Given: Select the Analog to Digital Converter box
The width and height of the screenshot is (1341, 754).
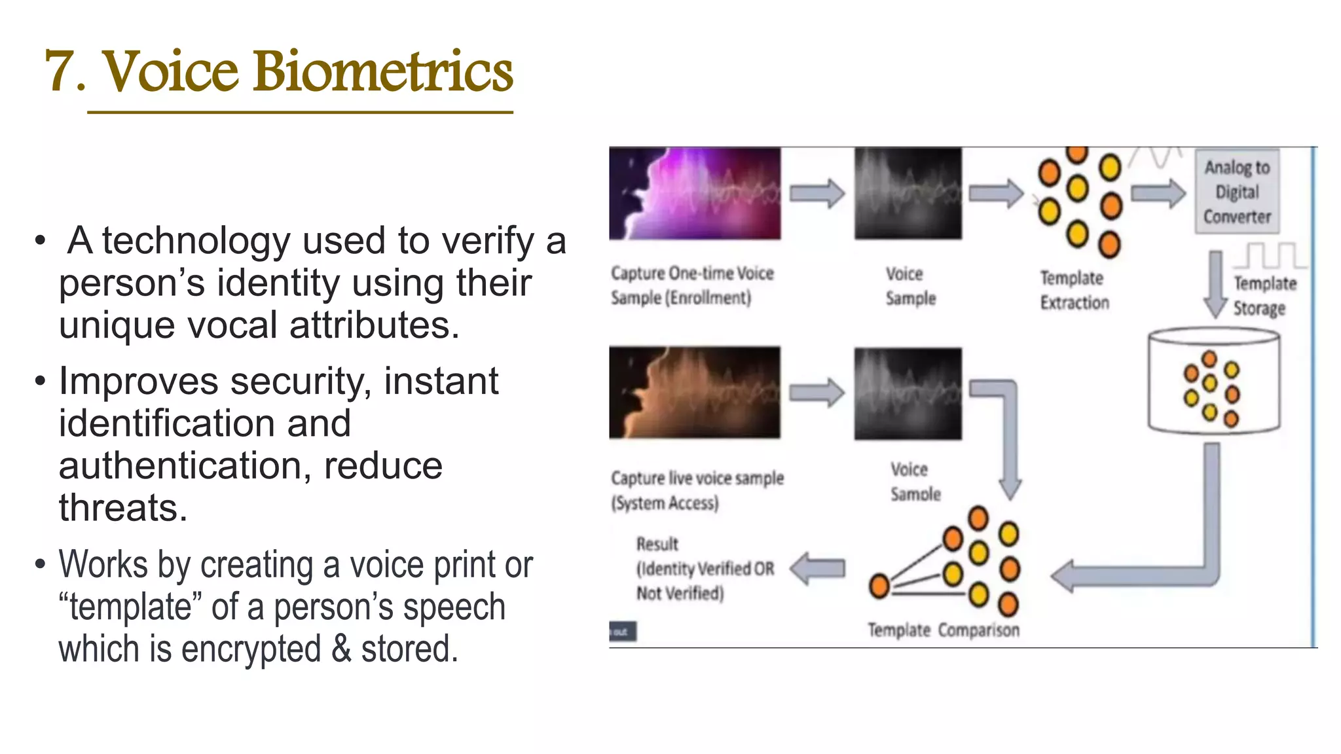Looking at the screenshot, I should (1237, 191).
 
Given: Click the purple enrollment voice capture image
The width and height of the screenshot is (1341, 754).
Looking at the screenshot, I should (695, 194).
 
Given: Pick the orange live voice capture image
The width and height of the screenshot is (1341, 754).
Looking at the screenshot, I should (695, 393).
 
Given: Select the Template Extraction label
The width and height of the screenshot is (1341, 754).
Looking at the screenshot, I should (1074, 290).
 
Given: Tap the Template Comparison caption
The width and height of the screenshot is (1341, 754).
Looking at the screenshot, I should (944, 630).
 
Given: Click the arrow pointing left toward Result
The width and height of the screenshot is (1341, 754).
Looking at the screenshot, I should (818, 568).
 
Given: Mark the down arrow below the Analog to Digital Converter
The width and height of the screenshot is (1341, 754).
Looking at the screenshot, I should (1215, 283).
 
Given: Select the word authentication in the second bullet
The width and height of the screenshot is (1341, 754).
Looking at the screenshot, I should (180, 466).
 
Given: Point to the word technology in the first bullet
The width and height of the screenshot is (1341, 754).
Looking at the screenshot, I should (196, 241).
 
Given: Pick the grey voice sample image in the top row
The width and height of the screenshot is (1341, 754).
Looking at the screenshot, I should (908, 194).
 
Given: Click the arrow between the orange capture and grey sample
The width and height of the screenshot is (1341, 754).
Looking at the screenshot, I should (817, 393).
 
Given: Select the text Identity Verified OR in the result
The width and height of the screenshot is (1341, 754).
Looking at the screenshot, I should (705, 569).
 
